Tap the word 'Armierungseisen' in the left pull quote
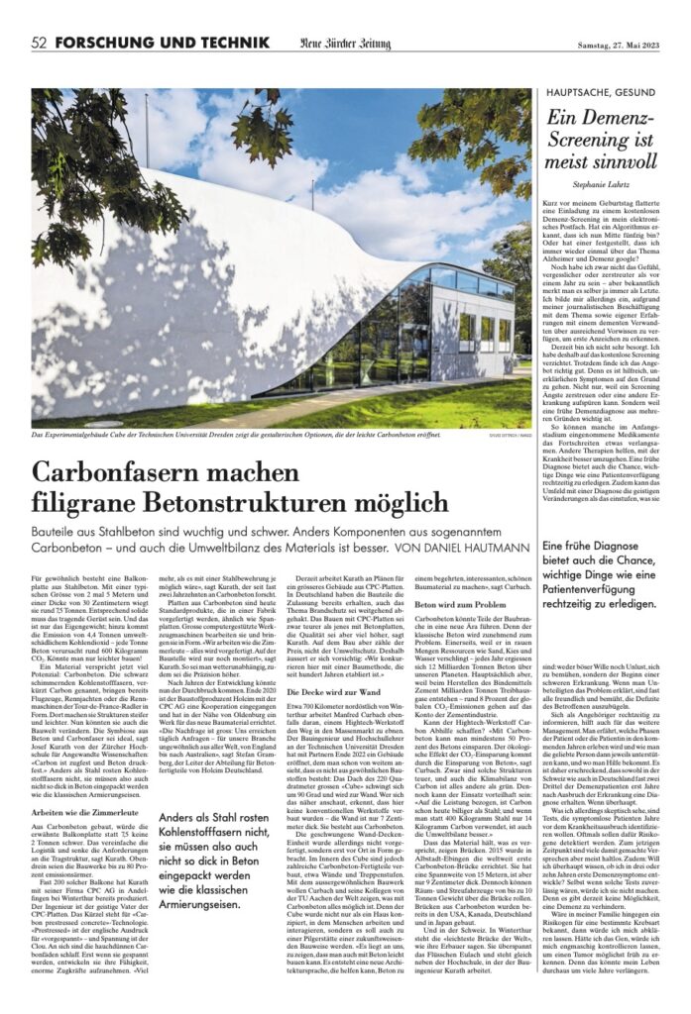pos(204,933)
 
